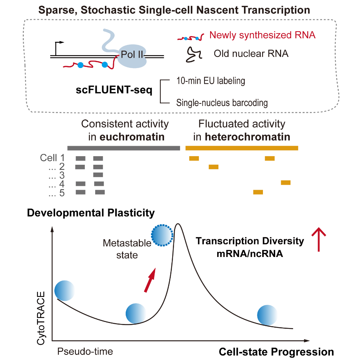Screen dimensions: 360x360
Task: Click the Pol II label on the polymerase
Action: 132,55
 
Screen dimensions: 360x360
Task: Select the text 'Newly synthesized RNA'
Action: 263,35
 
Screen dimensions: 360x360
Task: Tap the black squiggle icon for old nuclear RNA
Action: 193,54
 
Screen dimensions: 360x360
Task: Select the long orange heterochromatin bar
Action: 242,148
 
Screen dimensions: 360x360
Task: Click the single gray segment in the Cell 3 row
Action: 98,175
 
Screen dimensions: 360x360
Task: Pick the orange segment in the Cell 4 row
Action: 286,182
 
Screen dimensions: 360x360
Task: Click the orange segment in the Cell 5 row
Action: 258,192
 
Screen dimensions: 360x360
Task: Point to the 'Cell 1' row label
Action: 52,158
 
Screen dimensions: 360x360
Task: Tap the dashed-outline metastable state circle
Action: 163,235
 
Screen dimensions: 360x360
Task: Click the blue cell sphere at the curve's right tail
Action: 267,315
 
